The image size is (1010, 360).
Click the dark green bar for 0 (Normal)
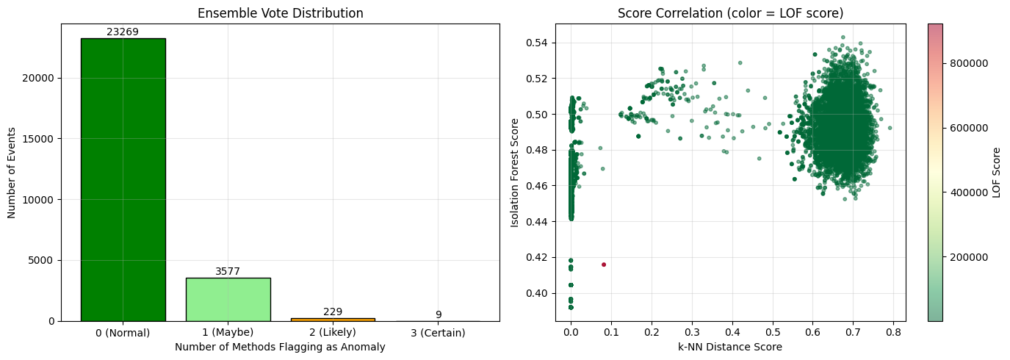pyautogui.click(x=123, y=179)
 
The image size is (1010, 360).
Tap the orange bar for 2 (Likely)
pyautogui.click(x=333, y=319)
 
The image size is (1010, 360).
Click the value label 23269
pyautogui.click(x=123, y=32)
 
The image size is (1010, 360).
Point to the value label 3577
pyautogui.click(x=228, y=271)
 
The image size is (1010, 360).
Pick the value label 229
pyautogui.click(x=333, y=312)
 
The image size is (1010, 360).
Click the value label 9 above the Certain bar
pyautogui.click(x=439, y=314)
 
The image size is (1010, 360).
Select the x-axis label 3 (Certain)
pyautogui.click(x=439, y=333)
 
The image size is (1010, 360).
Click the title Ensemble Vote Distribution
pyautogui.click(x=280, y=13)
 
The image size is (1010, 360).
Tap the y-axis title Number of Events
pyautogui.click(x=12, y=173)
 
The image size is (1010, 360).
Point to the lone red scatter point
pyautogui.click(x=604, y=264)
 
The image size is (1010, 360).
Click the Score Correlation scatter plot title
pyautogui.click(x=730, y=13)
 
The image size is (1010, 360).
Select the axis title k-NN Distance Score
pyautogui.click(x=730, y=347)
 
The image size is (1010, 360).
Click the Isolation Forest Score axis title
pyautogui.click(x=516, y=173)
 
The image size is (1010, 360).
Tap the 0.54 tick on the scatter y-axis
pyautogui.click(x=538, y=43)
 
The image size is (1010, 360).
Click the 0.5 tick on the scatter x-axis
pyautogui.click(x=772, y=333)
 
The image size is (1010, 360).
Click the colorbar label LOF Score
pyautogui.click(x=997, y=173)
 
